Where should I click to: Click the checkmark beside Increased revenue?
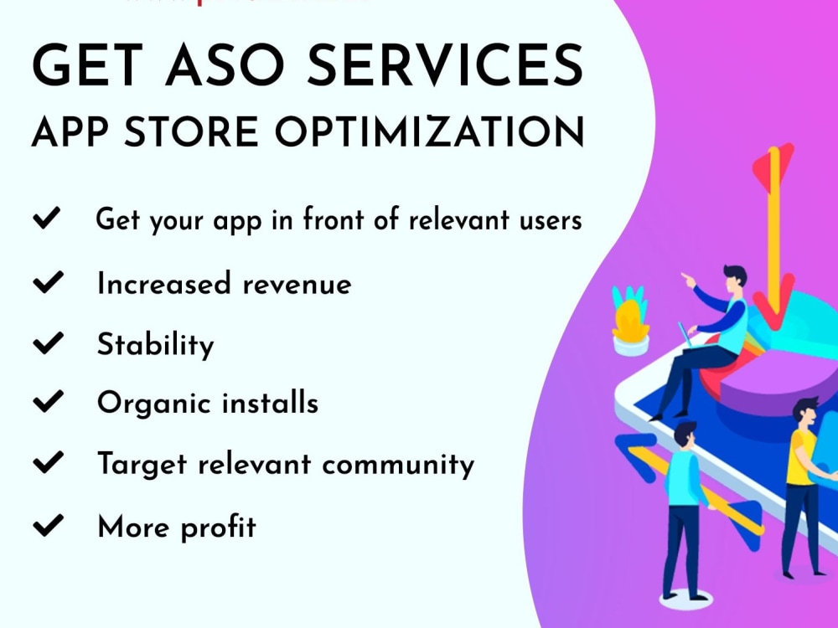click(x=48, y=283)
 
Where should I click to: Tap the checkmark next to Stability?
click(x=48, y=343)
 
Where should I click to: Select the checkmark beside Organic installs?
click(x=48, y=403)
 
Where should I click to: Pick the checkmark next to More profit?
click(x=48, y=526)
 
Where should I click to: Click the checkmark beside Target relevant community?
click(x=48, y=463)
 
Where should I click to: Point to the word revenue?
click(x=297, y=285)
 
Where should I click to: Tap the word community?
click(x=400, y=464)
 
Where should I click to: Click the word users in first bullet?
click(x=547, y=220)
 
